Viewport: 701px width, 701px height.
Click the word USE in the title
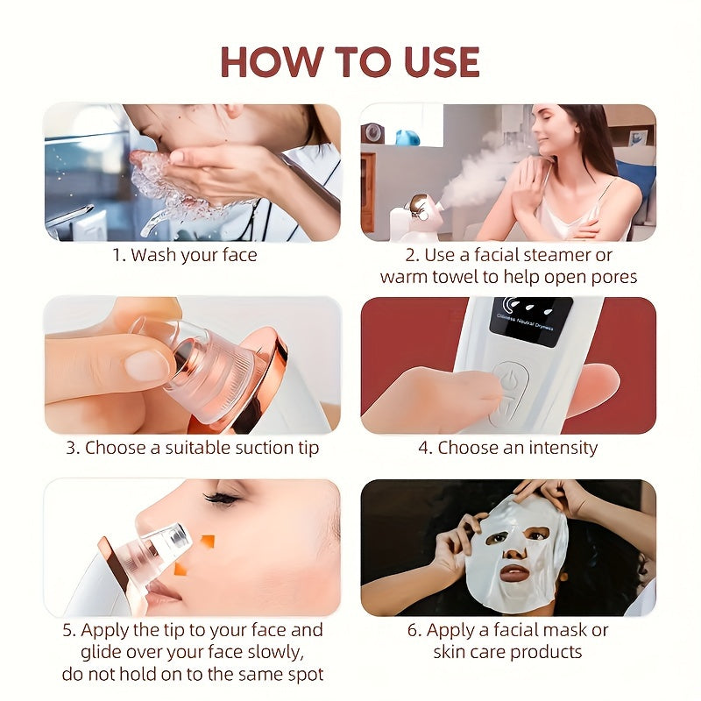pyautogui.click(x=435, y=61)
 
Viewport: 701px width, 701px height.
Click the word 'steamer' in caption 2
pyautogui.click(x=568, y=255)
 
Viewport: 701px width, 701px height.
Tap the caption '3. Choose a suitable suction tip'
pyautogui.click(x=192, y=448)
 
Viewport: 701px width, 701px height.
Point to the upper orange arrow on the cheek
pyautogui.click(x=207, y=542)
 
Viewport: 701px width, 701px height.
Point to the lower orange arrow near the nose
pyautogui.click(x=181, y=569)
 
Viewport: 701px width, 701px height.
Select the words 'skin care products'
pyautogui.click(x=507, y=652)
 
